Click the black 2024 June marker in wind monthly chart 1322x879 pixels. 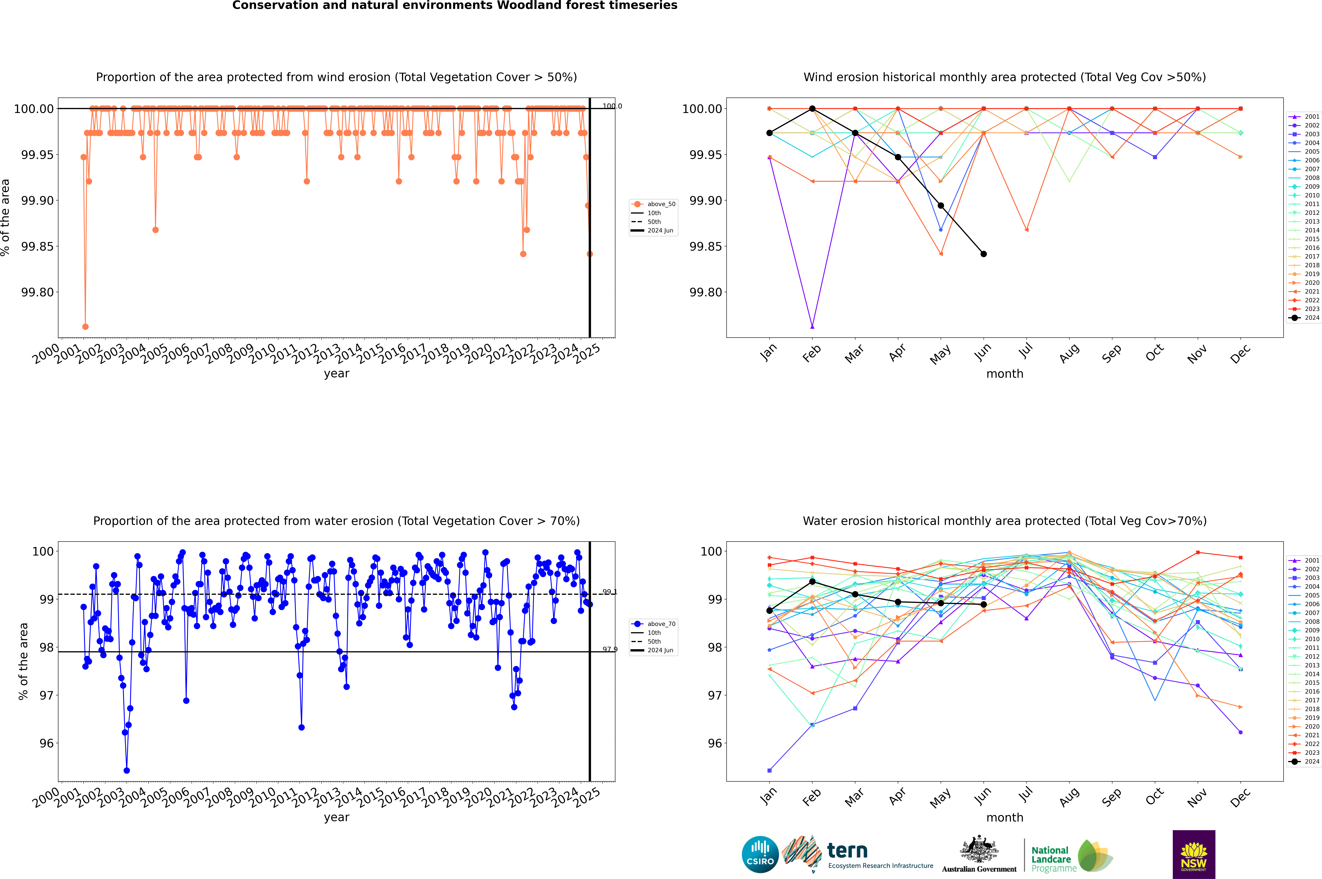point(984,254)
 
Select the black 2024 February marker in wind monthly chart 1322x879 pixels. point(812,109)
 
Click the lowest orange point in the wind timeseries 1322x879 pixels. point(85,327)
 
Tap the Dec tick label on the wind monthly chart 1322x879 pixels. point(1240,354)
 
